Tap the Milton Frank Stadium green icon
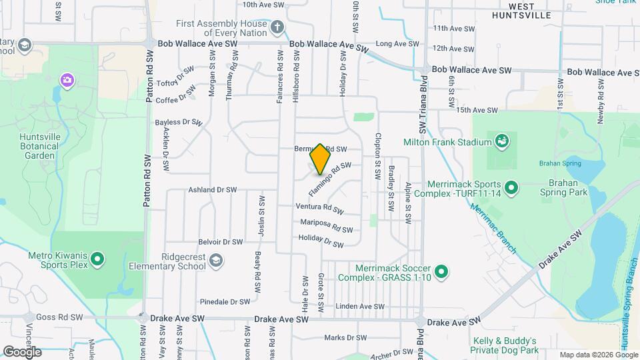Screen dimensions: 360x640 pyautogui.click(x=501, y=141)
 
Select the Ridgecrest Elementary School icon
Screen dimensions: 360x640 pyautogui.click(x=215, y=260)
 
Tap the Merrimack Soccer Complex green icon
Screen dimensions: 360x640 pyautogui.click(x=441, y=271)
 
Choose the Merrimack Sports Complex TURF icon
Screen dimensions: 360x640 pyautogui.click(x=511, y=188)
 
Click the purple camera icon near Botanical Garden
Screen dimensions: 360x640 pyautogui.click(x=67, y=81)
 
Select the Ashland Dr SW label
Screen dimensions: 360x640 pyautogui.click(x=213, y=190)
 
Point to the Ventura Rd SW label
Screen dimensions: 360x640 pyautogui.click(x=319, y=208)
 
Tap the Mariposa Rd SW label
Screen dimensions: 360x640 pyautogui.click(x=326, y=225)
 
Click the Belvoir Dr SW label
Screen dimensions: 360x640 pyautogui.click(x=220, y=242)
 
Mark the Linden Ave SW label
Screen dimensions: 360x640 pyautogui.click(x=361, y=307)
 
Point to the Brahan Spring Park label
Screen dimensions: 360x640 pyautogui.click(x=567, y=187)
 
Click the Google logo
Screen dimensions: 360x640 pyautogui.click(x=23, y=351)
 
